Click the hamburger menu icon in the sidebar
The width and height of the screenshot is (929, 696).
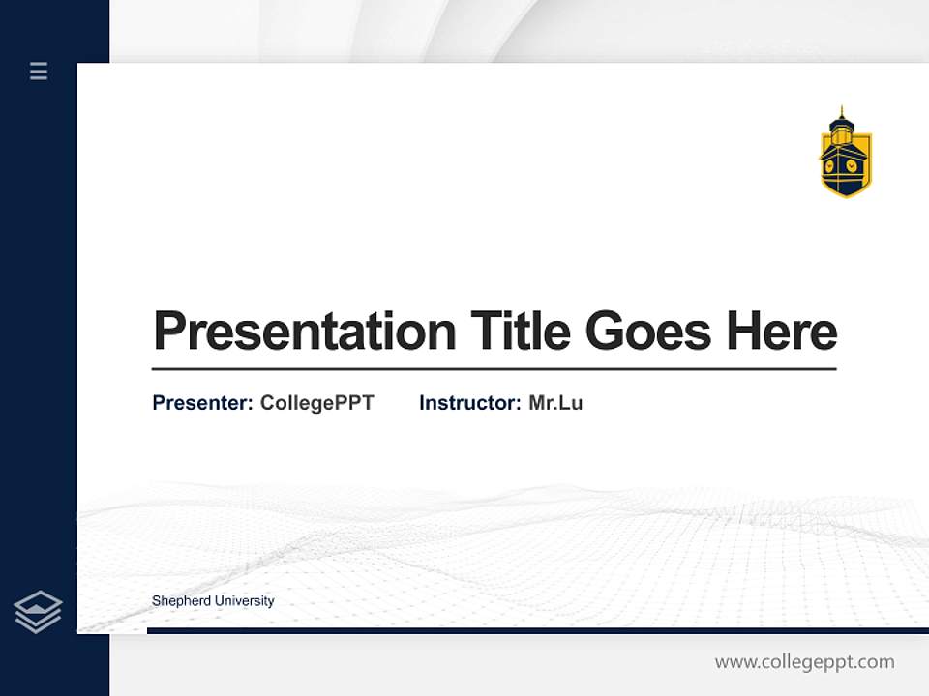coord(39,71)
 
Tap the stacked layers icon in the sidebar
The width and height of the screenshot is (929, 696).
coord(38,612)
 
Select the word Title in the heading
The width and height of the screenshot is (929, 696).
coord(520,332)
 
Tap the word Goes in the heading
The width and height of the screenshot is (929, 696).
coord(648,332)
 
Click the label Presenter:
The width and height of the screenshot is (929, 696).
coord(202,403)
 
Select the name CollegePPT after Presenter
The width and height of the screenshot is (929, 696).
coord(316,403)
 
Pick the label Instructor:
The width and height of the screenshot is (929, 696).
coord(469,403)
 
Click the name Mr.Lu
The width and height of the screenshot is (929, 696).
coord(555,403)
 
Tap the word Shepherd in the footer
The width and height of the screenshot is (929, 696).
coord(181,601)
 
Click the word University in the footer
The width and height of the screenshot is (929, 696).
coord(244,601)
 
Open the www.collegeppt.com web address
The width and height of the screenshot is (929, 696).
coord(804,662)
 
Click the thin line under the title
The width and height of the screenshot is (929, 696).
coord(494,368)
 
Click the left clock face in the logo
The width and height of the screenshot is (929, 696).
coord(831,165)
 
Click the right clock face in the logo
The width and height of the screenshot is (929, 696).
coord(852,165)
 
